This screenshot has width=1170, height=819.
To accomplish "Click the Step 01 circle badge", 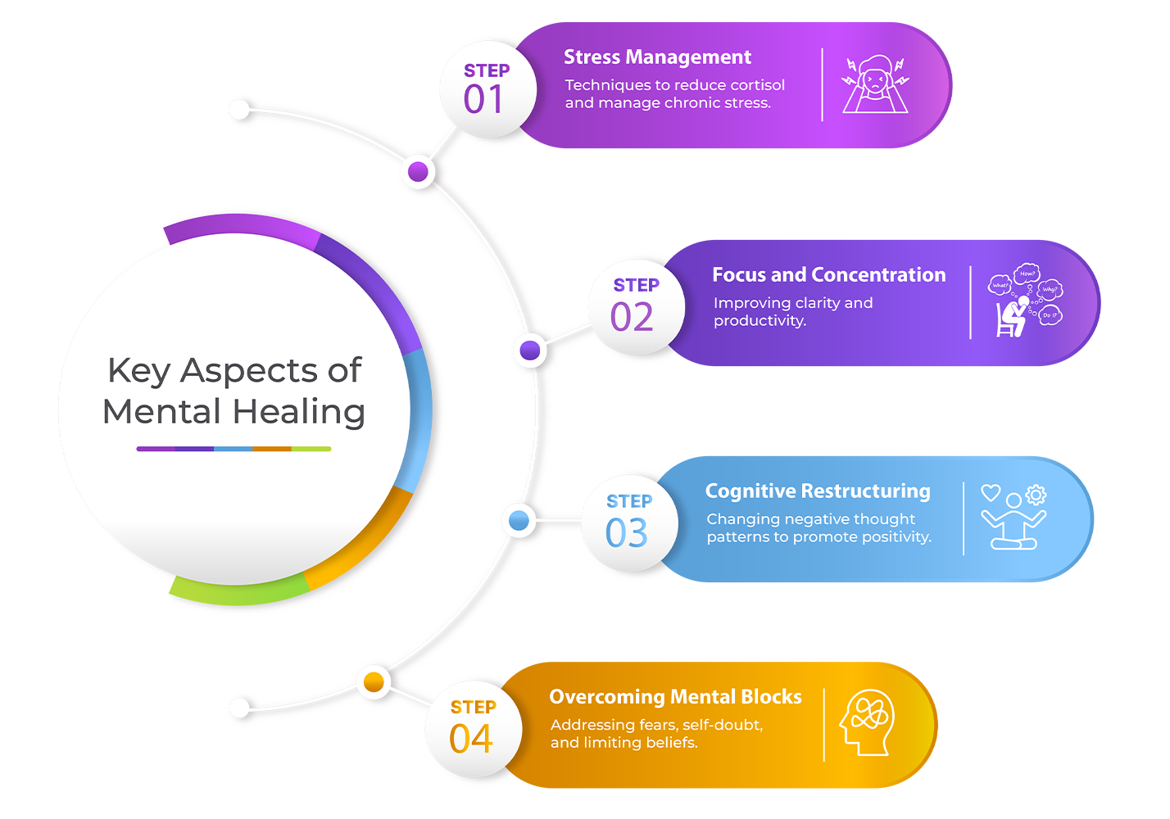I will click(x=487, y=88).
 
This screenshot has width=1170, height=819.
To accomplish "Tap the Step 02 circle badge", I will click(x=636, y=307).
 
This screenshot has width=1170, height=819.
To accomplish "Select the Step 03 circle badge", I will click(x=628, y=523).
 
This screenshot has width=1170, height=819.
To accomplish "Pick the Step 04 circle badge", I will click(x=473, y=728).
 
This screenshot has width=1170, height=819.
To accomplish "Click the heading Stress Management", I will click(x=657, y=57).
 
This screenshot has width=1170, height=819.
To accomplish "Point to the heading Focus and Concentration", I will click(x=828, y=275).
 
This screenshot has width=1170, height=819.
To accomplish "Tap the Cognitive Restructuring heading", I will click(x=818, y=491).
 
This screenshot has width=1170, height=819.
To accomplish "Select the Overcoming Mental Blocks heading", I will click(x=675, y=697).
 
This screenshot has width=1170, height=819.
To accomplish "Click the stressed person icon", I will click(x=875, y=84).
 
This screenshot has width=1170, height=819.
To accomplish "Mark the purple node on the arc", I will click(x=418, y=172).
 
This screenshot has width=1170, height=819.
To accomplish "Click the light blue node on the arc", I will click(x=519, y=520).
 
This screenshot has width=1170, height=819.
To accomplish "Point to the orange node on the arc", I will click(x=374, y=681).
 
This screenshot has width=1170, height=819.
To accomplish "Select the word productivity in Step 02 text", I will click(x=760, y=321).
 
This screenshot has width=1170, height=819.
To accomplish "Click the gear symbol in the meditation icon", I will click(x=1036, y=494).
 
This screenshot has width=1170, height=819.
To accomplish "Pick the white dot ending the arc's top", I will click(x=239, y=110).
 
